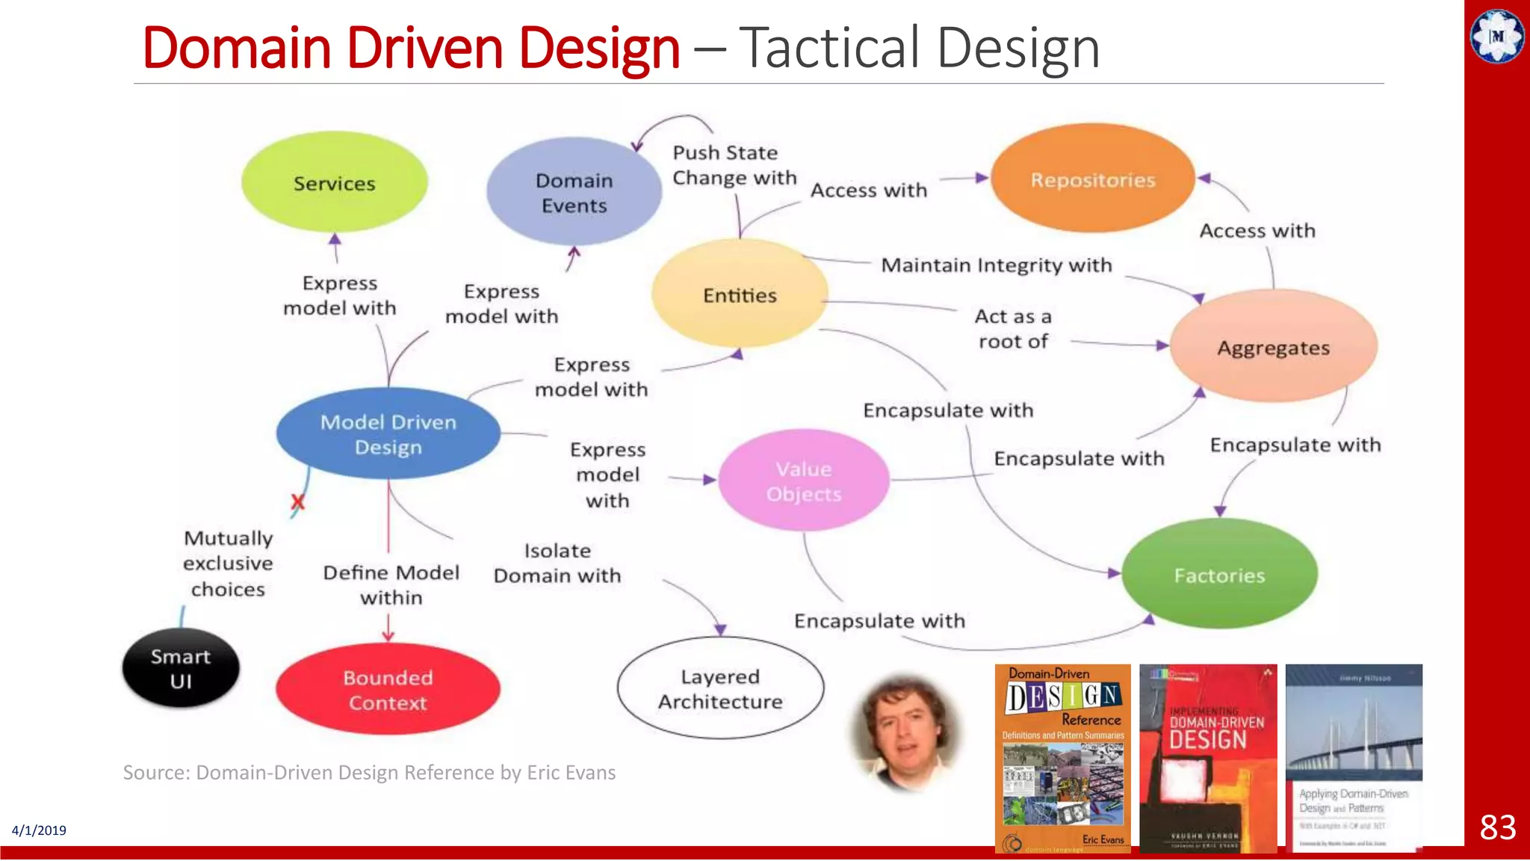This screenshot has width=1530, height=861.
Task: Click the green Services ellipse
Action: click(334, 182)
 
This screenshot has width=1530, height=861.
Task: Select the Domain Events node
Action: click(574, 192)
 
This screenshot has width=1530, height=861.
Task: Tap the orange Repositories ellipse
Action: click(1092, 179)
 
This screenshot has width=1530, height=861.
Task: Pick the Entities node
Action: click(740, 294)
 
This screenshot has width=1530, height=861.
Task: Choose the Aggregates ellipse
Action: click(1273, 348)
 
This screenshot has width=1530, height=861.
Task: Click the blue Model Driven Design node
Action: click(388, 434)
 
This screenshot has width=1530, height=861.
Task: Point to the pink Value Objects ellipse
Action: click(804, 481)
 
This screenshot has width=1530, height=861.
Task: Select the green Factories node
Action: click(1219, 575)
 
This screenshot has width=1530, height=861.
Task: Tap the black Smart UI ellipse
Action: click(181, 668)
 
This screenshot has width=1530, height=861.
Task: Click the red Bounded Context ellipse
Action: click(388, 690)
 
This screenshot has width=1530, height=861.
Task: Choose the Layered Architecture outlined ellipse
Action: click(720, 688)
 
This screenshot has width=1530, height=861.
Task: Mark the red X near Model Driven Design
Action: click(297, 502)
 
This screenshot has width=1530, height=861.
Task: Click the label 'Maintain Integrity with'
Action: click(996, 265)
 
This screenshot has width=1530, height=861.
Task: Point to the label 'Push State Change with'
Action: click(734, 165)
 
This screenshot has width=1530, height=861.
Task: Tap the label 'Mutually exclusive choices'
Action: click(228, 564)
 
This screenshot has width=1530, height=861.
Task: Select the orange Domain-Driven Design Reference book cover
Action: click(1062, 758)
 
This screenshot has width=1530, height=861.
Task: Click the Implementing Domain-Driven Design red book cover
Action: click(1208, 758)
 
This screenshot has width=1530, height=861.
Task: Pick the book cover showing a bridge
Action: click(1354, 756)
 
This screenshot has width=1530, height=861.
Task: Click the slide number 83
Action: click(1498, 827)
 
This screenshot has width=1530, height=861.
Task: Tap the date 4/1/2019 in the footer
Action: click(39, 830)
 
